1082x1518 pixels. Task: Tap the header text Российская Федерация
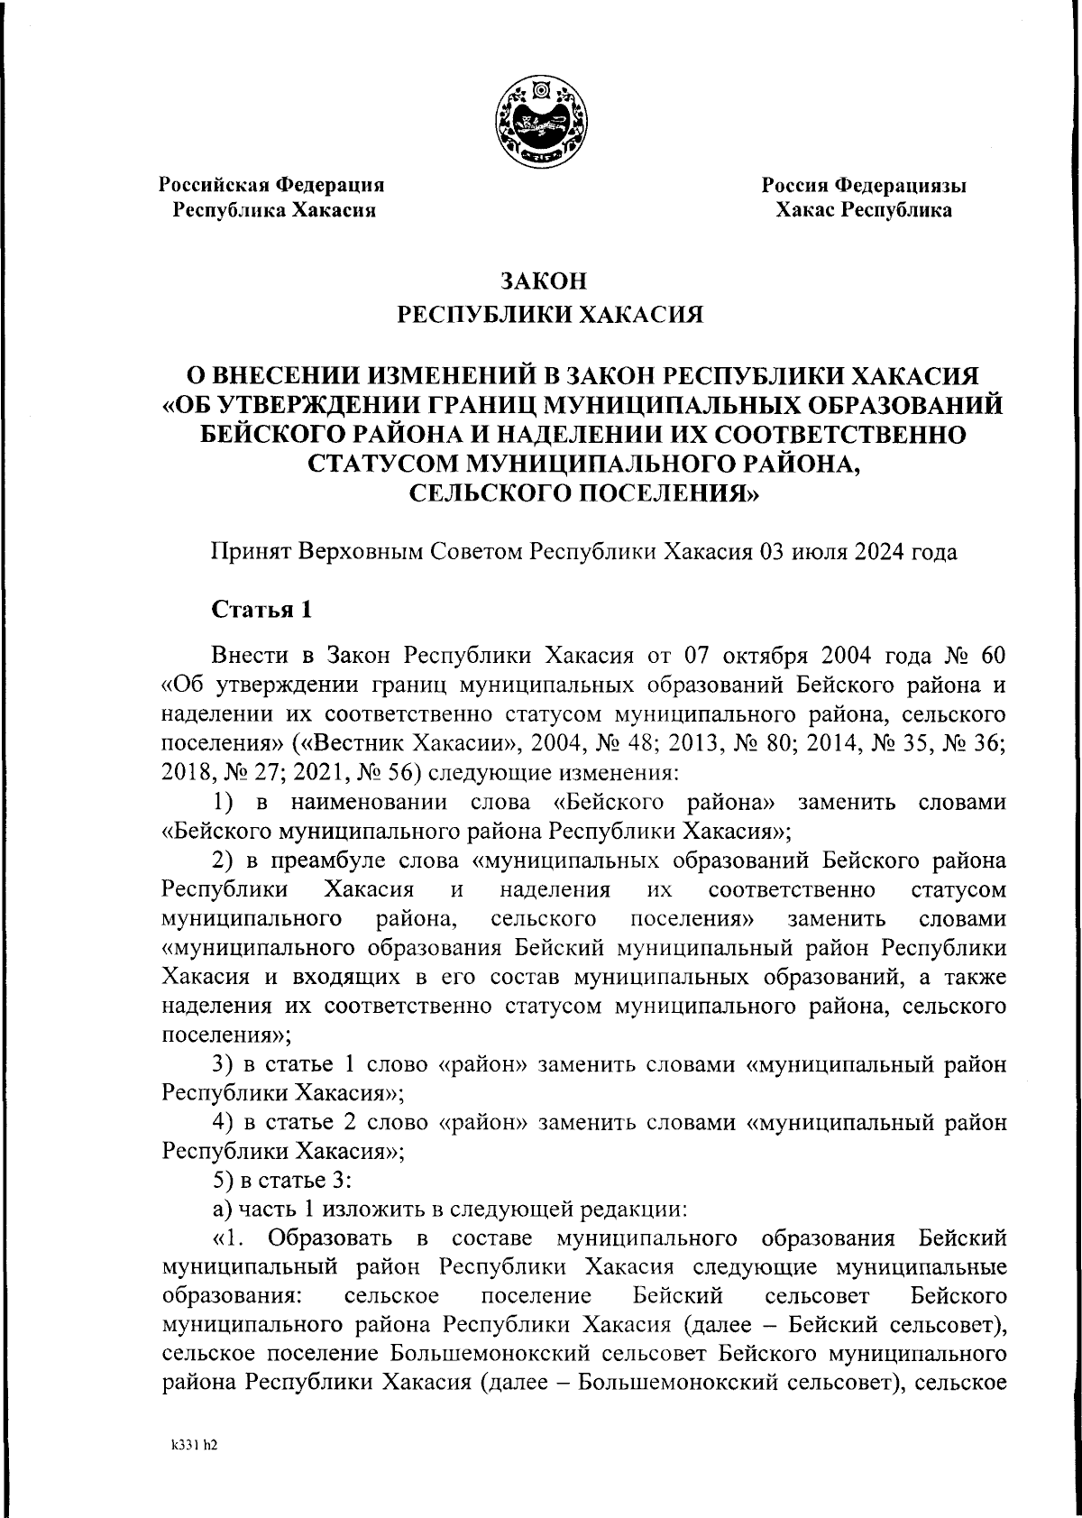pyautogui.click(x=271, y=185)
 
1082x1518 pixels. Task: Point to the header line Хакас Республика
pyautogui.click(x=864, y=211)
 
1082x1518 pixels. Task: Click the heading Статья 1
pyautogui.click(x=261, y=609)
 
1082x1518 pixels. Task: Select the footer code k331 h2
pyautogui.click(x=195, y=1444)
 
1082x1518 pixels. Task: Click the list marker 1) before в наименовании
pyautogui.click(x=224, y=802)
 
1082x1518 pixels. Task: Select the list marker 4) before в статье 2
pyautogui.click(x=224, y=1122)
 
